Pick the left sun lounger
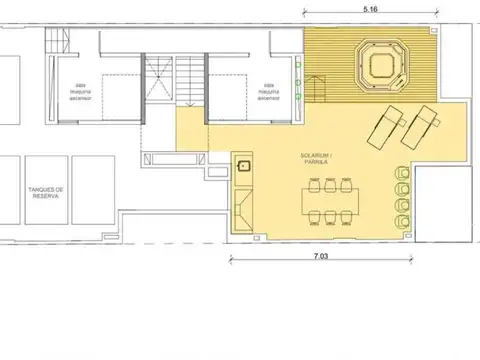click(386, 127)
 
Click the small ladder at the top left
click(56, 39)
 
